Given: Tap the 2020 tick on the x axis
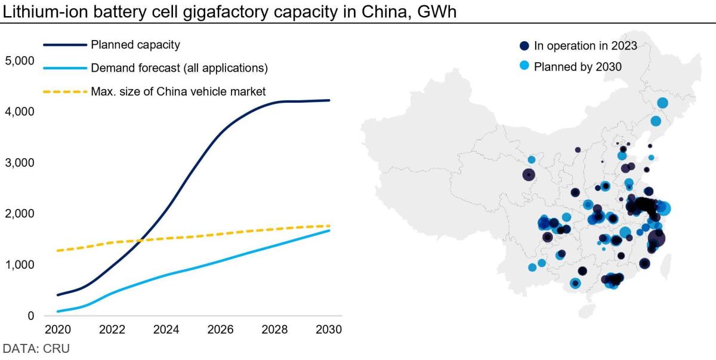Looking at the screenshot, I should pyautogui.click(x=58, y=330).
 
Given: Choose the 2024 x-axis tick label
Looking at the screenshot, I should pyautogui.click(x=166, y=330).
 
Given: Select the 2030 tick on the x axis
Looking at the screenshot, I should pyautogui.click(x=329, y=330).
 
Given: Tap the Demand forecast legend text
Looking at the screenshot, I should pyautogui.click(x=179, y=68).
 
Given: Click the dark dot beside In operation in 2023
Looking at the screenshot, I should pyautogui.click(x=524, y=46).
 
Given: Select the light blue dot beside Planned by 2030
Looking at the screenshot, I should pyautogui.click(x=524, y=66).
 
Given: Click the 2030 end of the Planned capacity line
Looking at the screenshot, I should pyautogui.click(x=329, y=100).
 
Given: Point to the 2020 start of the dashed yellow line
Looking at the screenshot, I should pyautogui.click(x=58, y=251).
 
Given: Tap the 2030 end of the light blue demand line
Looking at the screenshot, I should pyautogui.click(x=329, y=230).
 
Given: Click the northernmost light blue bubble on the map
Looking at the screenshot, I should pyautogui.click(x=662, y=103).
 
